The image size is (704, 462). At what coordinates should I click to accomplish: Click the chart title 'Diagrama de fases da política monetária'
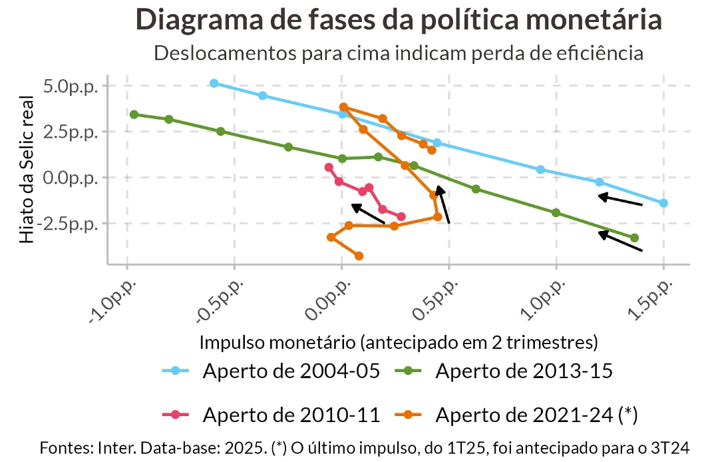tap(399, 19)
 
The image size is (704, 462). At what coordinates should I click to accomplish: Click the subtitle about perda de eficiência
tap(399, 53)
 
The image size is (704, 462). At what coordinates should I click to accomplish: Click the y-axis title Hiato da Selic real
tap(26, 170)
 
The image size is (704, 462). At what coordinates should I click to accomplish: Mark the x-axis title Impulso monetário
tap(399, 342)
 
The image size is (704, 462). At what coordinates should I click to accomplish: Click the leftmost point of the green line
tap(134, 115)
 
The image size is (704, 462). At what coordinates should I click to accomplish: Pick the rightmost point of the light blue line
tap(663, 203)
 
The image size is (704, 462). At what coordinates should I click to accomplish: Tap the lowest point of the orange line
tap(359, 256)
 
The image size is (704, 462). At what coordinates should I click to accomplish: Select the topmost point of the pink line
tap(328, 167)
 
